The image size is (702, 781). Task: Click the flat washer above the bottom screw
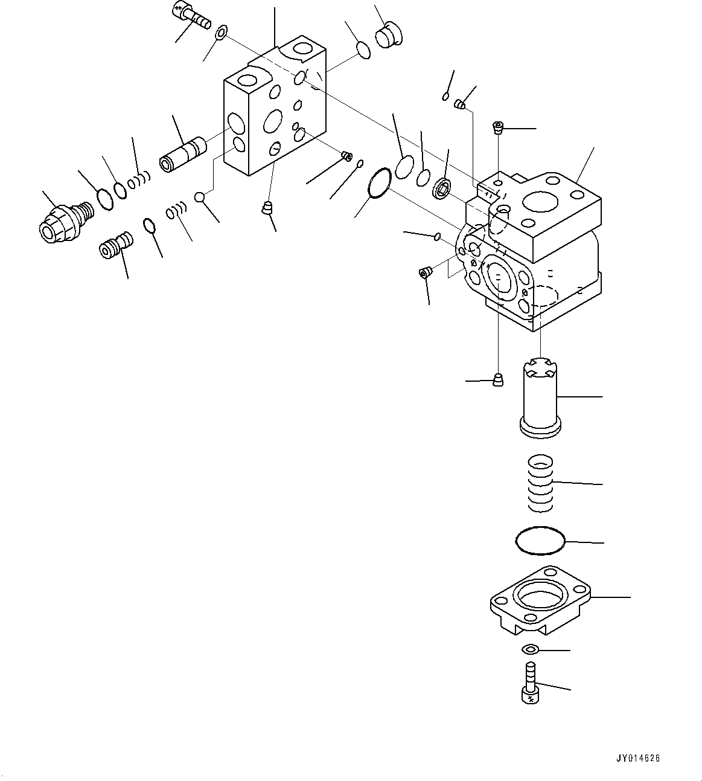click(x=531, y=649)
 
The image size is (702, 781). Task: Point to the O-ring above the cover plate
click(x=540, y=539)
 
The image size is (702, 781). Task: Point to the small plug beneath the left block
click(x=266, y=209)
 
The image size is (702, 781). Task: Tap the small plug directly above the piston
click(x=499, y=380)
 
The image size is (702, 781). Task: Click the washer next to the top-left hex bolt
click(x=222, y=31)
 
